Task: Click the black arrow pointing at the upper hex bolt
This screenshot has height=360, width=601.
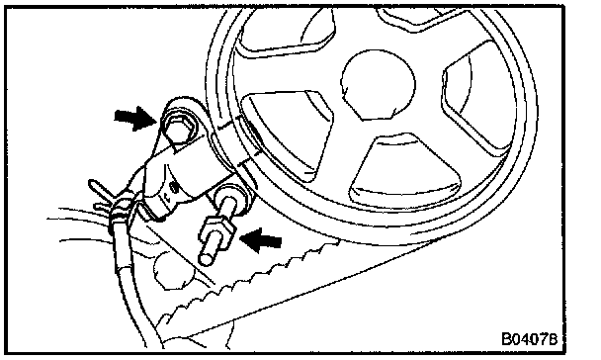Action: click(134, 118)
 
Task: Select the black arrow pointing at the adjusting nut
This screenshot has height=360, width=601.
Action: click(261, 240)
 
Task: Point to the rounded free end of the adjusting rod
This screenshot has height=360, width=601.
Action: click(206, 259)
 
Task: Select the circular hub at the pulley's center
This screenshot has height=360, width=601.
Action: click(378, 85)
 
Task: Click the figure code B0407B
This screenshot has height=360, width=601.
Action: click(529, 339)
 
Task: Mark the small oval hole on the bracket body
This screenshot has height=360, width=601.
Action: click(175, 188)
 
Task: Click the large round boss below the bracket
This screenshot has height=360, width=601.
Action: click(173, 269)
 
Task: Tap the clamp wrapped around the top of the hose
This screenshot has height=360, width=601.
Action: click(122, 210)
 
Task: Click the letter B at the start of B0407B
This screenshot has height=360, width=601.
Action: click(507, 339)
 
